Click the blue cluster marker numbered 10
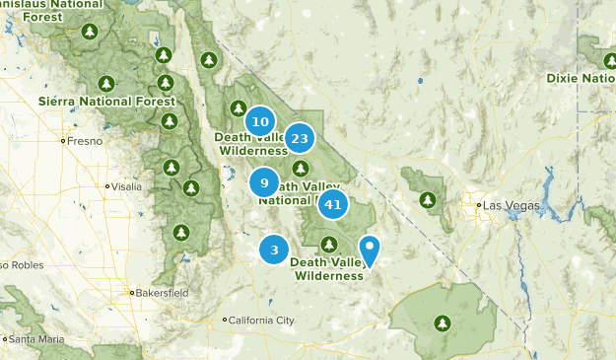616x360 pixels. click(259, 122)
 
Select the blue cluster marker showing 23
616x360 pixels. click(301, 138)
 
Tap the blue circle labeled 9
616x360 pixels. click(264, 182)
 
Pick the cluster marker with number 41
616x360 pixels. click(333, 205)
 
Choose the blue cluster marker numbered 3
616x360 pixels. click(274, 250)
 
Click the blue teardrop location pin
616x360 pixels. click(370, 250)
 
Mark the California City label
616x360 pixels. click(261, 321)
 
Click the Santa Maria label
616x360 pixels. click(38, 339)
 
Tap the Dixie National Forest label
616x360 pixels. click(581, 78)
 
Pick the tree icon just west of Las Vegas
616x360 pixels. click(428, 200)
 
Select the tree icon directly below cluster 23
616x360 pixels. click(300, 168)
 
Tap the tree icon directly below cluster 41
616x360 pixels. click(329, 244)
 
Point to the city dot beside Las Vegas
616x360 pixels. click(479, 205)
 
